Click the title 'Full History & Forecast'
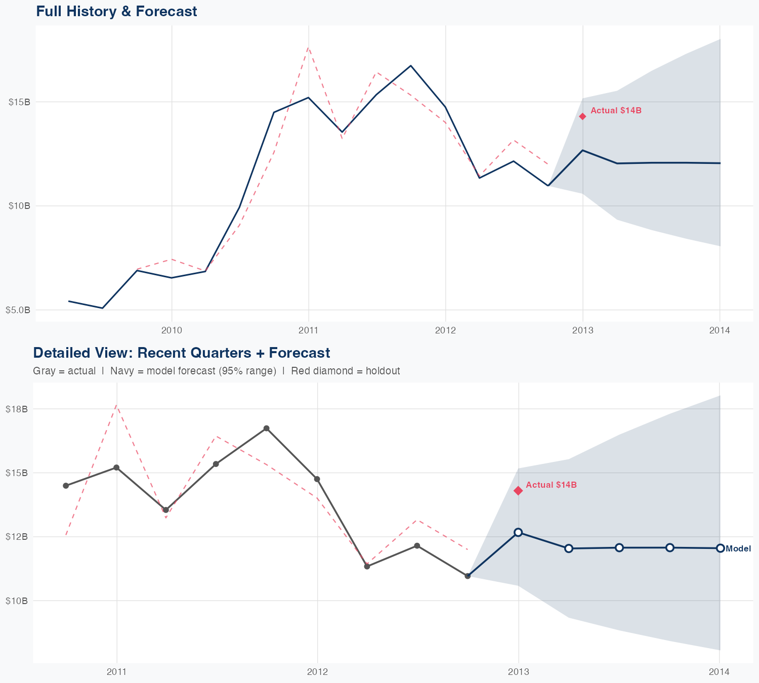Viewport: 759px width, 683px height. click(x=116, y=11)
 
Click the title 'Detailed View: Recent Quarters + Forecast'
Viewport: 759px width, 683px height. click(x=181, y=353)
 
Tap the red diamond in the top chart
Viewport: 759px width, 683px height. click(x=582, y=116)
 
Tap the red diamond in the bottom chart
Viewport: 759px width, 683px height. click(x=518, y=491)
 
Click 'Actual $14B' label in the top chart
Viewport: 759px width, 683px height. click(x=616, y=110)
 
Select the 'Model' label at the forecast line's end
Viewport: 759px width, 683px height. click(x=738, y=548)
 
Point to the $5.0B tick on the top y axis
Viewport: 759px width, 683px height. click(x=18, y=310)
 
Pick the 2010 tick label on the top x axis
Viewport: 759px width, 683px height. click(x=172, y=330)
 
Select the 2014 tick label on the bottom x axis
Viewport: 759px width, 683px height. click(x=719, y=672)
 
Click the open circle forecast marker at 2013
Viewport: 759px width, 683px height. click(x=518, y=532)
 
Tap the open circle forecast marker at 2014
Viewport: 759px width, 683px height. click(x=720, y=548)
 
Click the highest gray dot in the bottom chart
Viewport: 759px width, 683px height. click(x=266, y=429)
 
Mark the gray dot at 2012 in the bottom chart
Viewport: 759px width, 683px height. click(x=317, y=479)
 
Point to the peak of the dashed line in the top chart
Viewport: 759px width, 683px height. click(x=308, y=48)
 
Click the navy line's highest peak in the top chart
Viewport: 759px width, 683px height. click(x=411, y=66)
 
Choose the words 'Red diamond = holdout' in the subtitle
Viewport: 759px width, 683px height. click(x=346, y=371)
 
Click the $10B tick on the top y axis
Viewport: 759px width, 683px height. click(x=19, y=206)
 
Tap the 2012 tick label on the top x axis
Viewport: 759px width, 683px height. click(x=445, y=330)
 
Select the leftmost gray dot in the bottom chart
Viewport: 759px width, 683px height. click(x=66, y=486)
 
